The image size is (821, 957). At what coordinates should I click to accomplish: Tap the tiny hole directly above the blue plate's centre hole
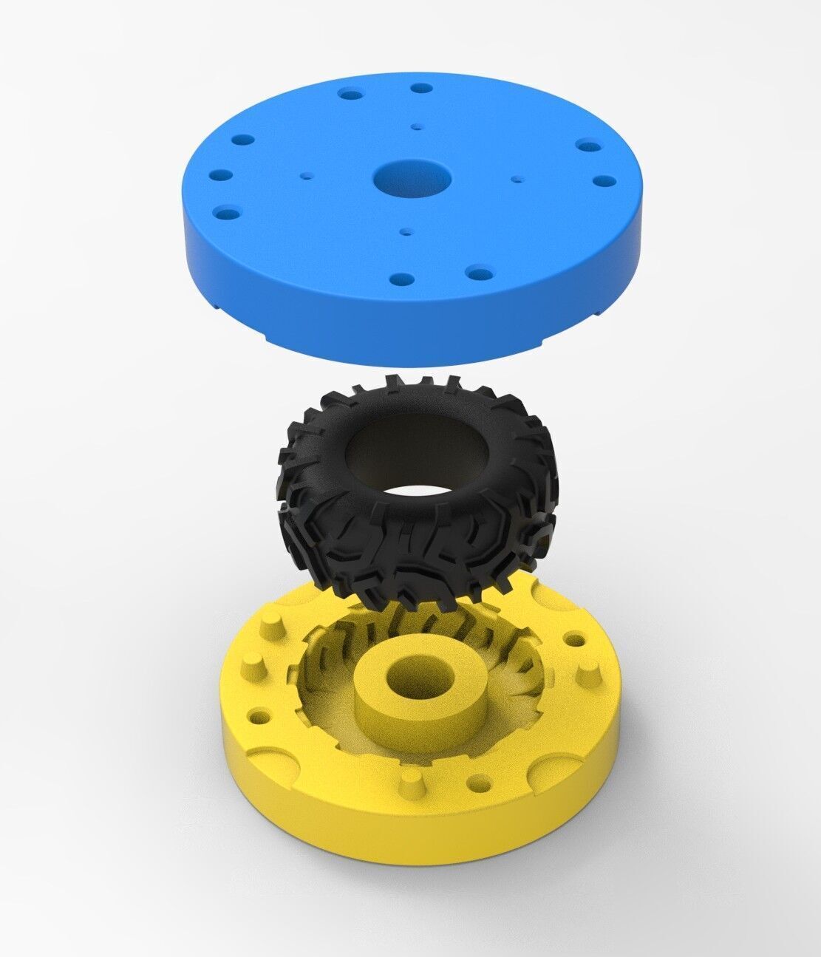418,127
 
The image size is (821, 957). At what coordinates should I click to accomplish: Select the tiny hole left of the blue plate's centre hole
306,176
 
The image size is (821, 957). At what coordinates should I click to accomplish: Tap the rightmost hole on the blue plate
605,180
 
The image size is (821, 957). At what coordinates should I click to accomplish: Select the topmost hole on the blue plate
422,88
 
